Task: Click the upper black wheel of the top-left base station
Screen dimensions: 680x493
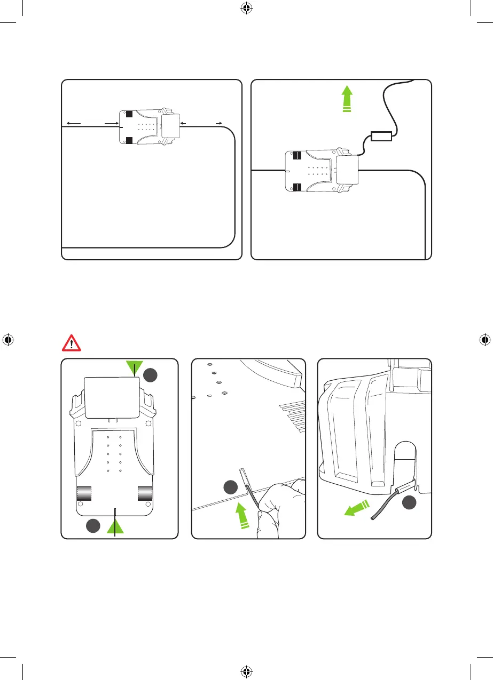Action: [x=129, y=114]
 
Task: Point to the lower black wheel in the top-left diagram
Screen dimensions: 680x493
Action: [x=129, y=141]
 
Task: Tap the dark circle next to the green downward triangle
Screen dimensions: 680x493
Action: [x=151, y=375]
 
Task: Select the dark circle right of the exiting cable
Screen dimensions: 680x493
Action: [x=410, y=502]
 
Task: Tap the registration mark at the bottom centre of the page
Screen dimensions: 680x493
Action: [x=246, y=671]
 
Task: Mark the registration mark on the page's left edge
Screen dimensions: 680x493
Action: [x=7, y=340]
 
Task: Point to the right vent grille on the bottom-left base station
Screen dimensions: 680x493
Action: [x=145, y=494]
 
